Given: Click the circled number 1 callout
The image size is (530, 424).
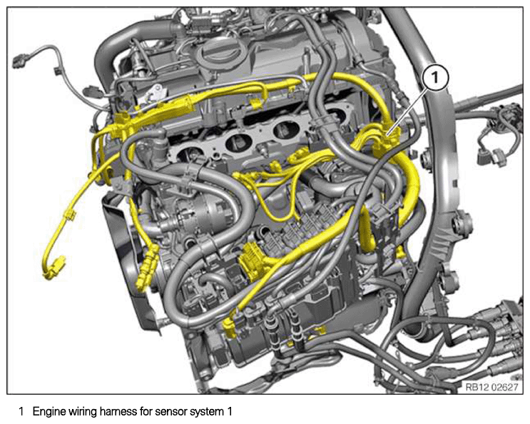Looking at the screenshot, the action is [436, 78].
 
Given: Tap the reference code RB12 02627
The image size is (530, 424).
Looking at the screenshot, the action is [491, 387].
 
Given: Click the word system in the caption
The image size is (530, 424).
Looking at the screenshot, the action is [205, 413].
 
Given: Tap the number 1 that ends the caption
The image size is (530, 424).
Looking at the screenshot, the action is [229, 412].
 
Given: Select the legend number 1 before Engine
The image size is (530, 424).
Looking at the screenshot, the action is [21, 412].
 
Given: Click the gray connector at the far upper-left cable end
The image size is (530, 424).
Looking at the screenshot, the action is [20, 61].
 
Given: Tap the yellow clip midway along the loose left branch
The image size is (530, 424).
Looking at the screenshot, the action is [69, 215].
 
